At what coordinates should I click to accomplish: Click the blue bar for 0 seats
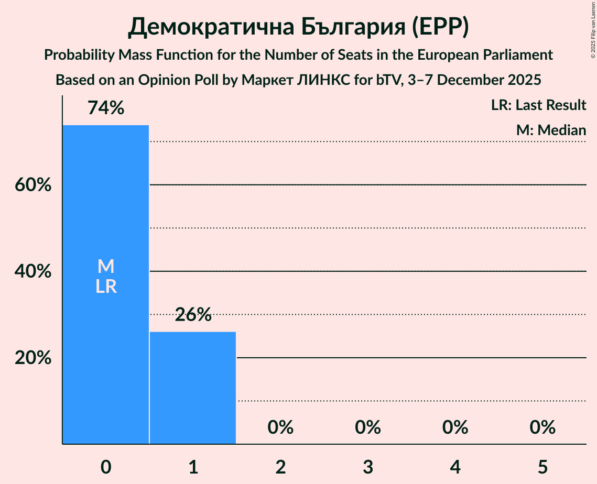tap(106, 340)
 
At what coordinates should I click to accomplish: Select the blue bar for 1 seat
tap(193, 388)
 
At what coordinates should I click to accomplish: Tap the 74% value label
tap(106, 108)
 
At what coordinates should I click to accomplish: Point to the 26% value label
tap(193, 315)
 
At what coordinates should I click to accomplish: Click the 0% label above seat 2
tap(280, 427)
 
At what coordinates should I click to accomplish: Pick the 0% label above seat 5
tap(542, 427)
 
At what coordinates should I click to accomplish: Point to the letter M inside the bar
tap(106, 266)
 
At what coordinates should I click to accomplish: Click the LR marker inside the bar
tap(106, 287)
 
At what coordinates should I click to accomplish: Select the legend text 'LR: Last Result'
tap(538, 105)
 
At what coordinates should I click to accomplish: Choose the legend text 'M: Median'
tap(551, 130)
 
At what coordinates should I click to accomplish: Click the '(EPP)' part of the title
tap(439, 27)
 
